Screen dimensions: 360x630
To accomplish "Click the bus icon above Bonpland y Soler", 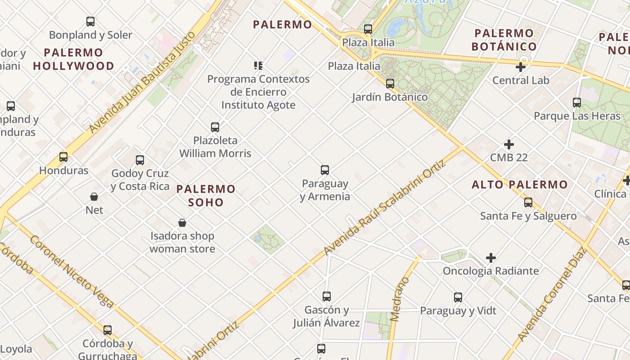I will pyautogui.click(x=90, y=21).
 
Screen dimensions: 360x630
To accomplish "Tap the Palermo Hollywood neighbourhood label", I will pyautogui.click(x=73, y=59).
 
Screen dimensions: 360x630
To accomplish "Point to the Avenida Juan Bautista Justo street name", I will pyautogui.click(x=143, y=82).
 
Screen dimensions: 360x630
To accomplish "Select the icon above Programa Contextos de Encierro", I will pyautogui.click(x=258, y=66).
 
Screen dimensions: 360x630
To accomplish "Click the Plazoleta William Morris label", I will pyautogui.click(x=215, y=147).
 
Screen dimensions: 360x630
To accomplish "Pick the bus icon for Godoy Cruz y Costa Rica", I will pyautogui.click(x=140, y=160).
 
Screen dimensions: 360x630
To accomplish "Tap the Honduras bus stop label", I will pyautogui.click(x=63, y=171).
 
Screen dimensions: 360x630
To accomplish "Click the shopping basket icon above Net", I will pyautogui.click(x=94, y=197).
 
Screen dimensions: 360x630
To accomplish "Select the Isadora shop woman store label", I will pyautogui.click(x=182, y=242).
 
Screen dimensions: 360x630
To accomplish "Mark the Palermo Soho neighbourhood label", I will pyautogui.click(x=206, y=195).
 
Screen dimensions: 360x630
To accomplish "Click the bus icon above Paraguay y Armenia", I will pyautogui.click(x=325, y=170).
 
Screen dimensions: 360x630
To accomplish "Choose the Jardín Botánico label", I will pyautogui.click(x=390, y=97).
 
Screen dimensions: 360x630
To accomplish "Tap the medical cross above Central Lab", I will pyautogui.click(x=521, y=67).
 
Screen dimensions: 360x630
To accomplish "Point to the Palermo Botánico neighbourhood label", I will pyautogui.click(x=504, y=40).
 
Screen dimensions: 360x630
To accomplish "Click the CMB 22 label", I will pyautogui.click(x=508, y=157).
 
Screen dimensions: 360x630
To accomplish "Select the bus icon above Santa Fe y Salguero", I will pyautogui.click(x=528, y=202).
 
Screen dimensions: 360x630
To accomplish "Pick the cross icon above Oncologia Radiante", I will pyautogui.click(x=491, y=258).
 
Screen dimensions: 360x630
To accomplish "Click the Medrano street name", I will pyautogui.click(x=399, y=299).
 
